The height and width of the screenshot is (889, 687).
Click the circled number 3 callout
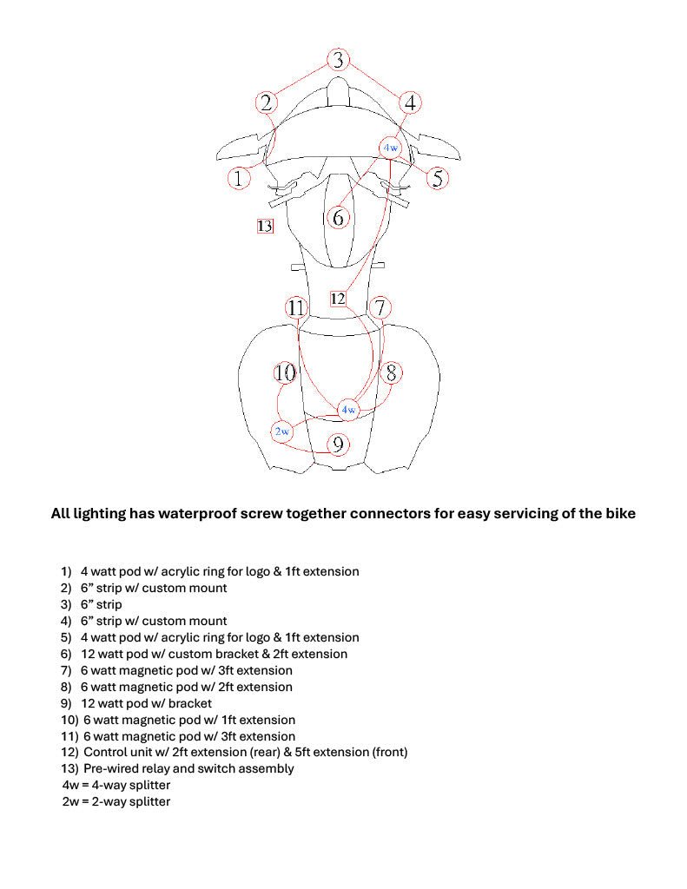click(x=338, y=60)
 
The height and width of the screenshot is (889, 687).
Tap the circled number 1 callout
click(x=239, y=178)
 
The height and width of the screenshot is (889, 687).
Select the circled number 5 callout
click(x=438, y=178)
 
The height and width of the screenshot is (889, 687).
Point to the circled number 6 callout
click(x=338, y=217)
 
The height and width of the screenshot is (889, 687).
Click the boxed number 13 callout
click(x=265, y=227)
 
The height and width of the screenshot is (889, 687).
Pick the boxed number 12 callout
click(x=338, y=299)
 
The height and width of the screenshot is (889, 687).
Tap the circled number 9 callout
click(x=338, y=444)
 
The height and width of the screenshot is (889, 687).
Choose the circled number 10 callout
click(x=285, y=373)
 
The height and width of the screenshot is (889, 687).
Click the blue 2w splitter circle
click(x=282, y=431)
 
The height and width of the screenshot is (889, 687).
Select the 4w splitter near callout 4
click(x=390, y=148)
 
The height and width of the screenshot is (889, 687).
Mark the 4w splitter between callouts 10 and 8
click(x=347, y=409)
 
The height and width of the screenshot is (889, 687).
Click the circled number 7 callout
click(x=380, y=307)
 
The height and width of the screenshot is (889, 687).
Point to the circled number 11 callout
click(x=296, y=307)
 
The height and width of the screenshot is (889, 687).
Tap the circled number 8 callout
click(x=392, y=373)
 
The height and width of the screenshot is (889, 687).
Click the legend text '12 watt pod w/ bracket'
click(x=146, y=703)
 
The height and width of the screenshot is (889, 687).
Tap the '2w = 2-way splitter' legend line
click(x=116, y=801)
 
